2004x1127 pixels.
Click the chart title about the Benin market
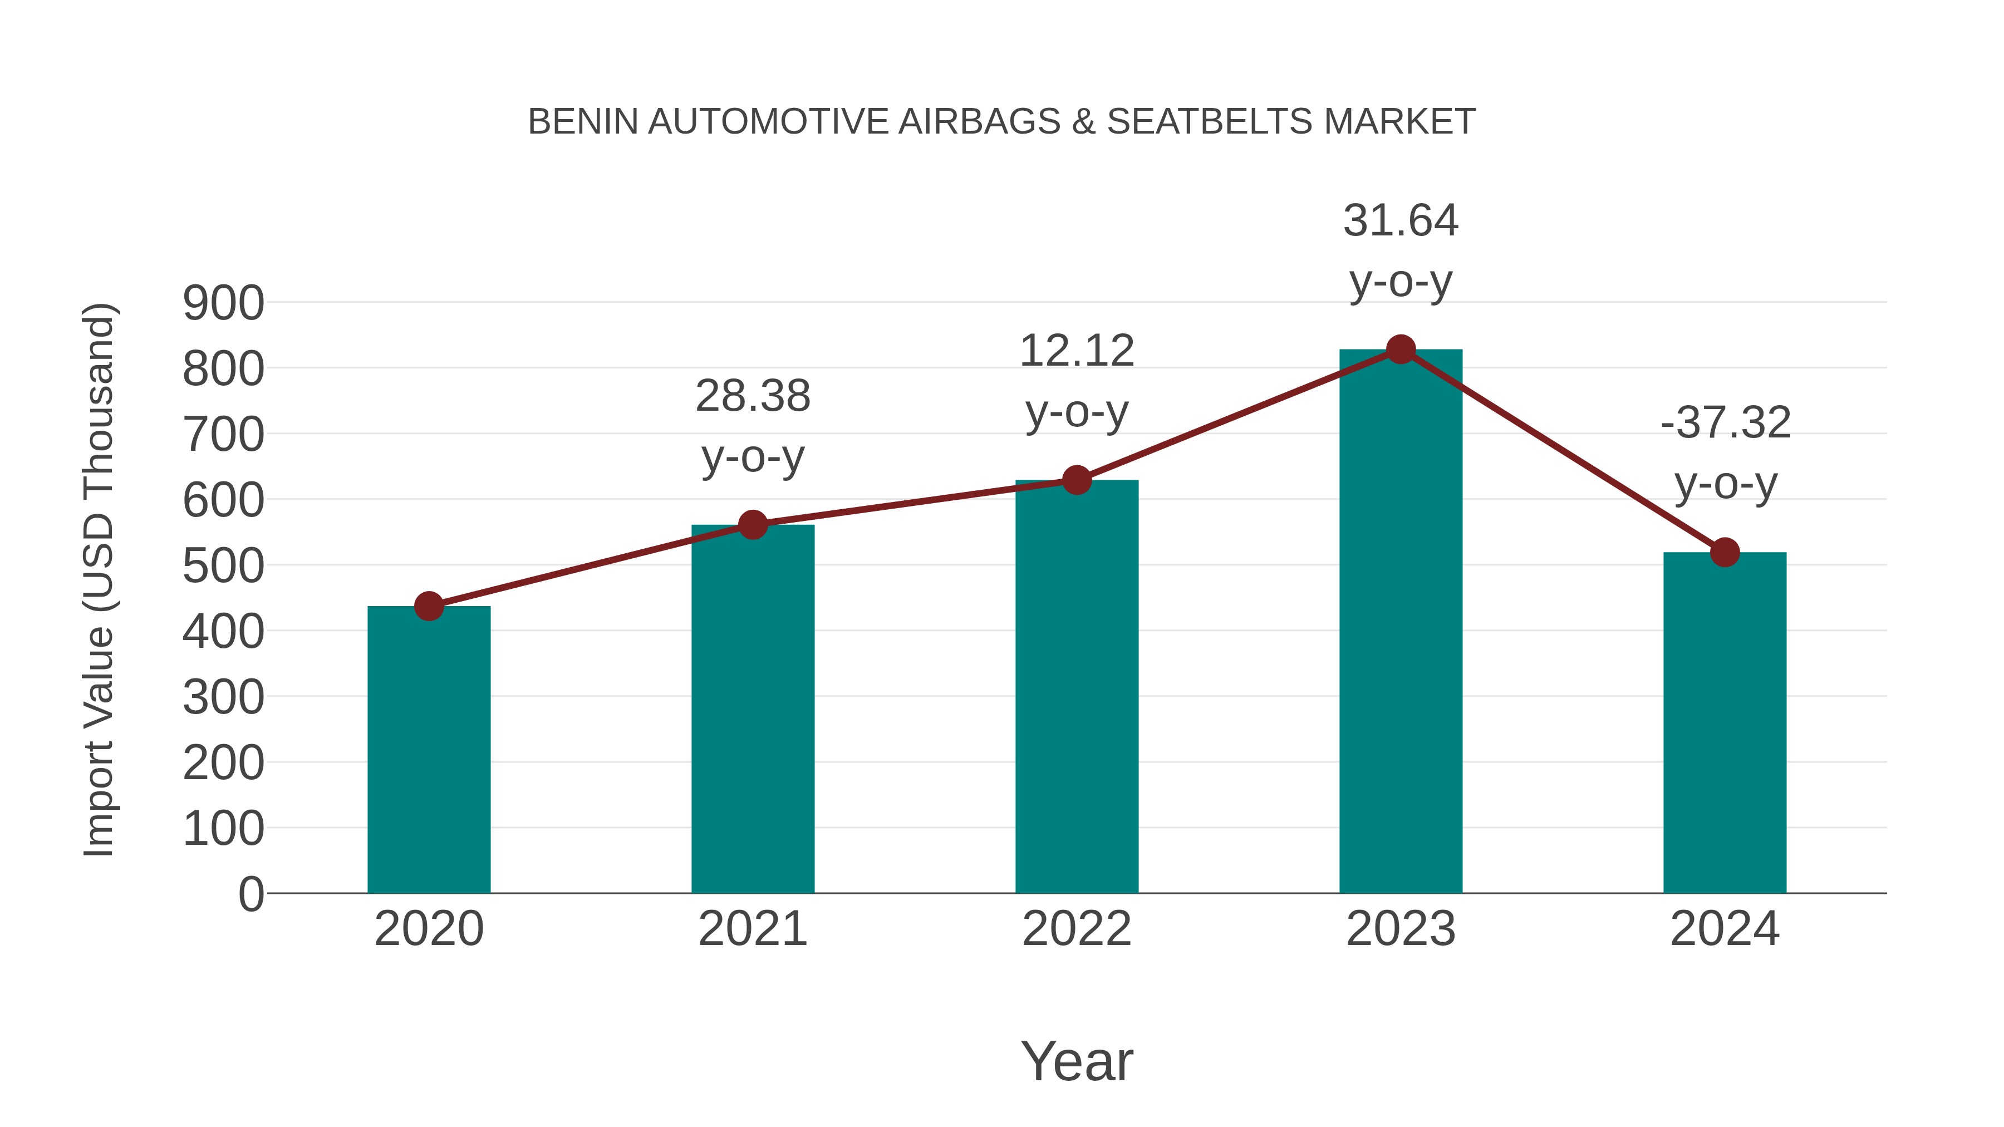coord(1001,121)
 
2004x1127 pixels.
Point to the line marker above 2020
coord(429,606)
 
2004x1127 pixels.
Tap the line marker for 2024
coord(1725,552)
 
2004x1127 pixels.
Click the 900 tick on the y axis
coord(223,303)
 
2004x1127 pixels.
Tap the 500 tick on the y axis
coord(223,566)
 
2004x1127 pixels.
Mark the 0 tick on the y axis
coord(250,894)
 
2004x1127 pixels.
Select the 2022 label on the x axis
coord(1077,929)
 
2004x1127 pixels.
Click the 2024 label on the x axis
coord(1725,929)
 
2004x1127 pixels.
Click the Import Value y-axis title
coord(100,579)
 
